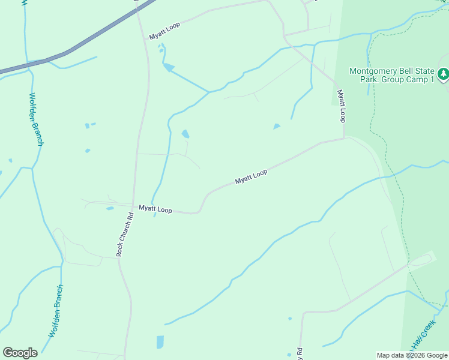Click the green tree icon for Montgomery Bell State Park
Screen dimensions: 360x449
[x=444, y=74]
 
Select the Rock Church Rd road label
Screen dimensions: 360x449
[x=125, y=234]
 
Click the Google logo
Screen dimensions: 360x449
[x=20, y=353]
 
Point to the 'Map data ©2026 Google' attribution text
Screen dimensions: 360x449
[x=412, y=355]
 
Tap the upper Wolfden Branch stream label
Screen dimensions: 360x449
[x=36, y=119]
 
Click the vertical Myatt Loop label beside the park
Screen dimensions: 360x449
[x=341, y=106]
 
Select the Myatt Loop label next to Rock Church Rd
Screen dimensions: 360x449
[x=155, y=209]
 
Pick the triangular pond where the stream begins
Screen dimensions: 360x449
[x=169, y=67]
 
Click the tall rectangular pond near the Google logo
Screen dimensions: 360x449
[x=160, y=342]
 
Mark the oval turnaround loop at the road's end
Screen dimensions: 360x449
[x=420, y=260]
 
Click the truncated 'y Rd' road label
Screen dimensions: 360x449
[x=297, y=355]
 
